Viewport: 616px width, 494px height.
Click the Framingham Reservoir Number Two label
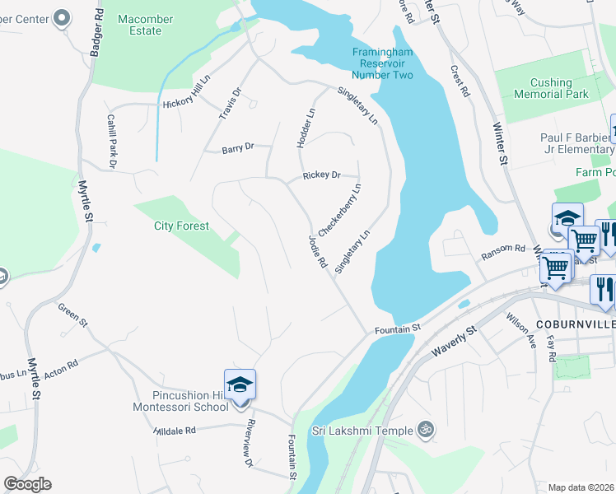point(381,63)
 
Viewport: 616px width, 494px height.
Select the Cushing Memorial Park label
point(551,88)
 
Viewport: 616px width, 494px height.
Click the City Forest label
point(181,226)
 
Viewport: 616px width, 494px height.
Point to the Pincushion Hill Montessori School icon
point(240,384)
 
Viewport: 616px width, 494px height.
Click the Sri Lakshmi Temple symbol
point(426,429)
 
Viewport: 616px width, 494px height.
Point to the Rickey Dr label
point(321,175)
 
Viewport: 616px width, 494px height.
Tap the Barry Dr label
point(237,148)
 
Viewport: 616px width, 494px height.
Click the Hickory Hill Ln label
point(187,103)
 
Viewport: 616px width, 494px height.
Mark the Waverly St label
point(455,342)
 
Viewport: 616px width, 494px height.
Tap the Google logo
point(27,483)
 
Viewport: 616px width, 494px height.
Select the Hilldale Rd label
point(175,431)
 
